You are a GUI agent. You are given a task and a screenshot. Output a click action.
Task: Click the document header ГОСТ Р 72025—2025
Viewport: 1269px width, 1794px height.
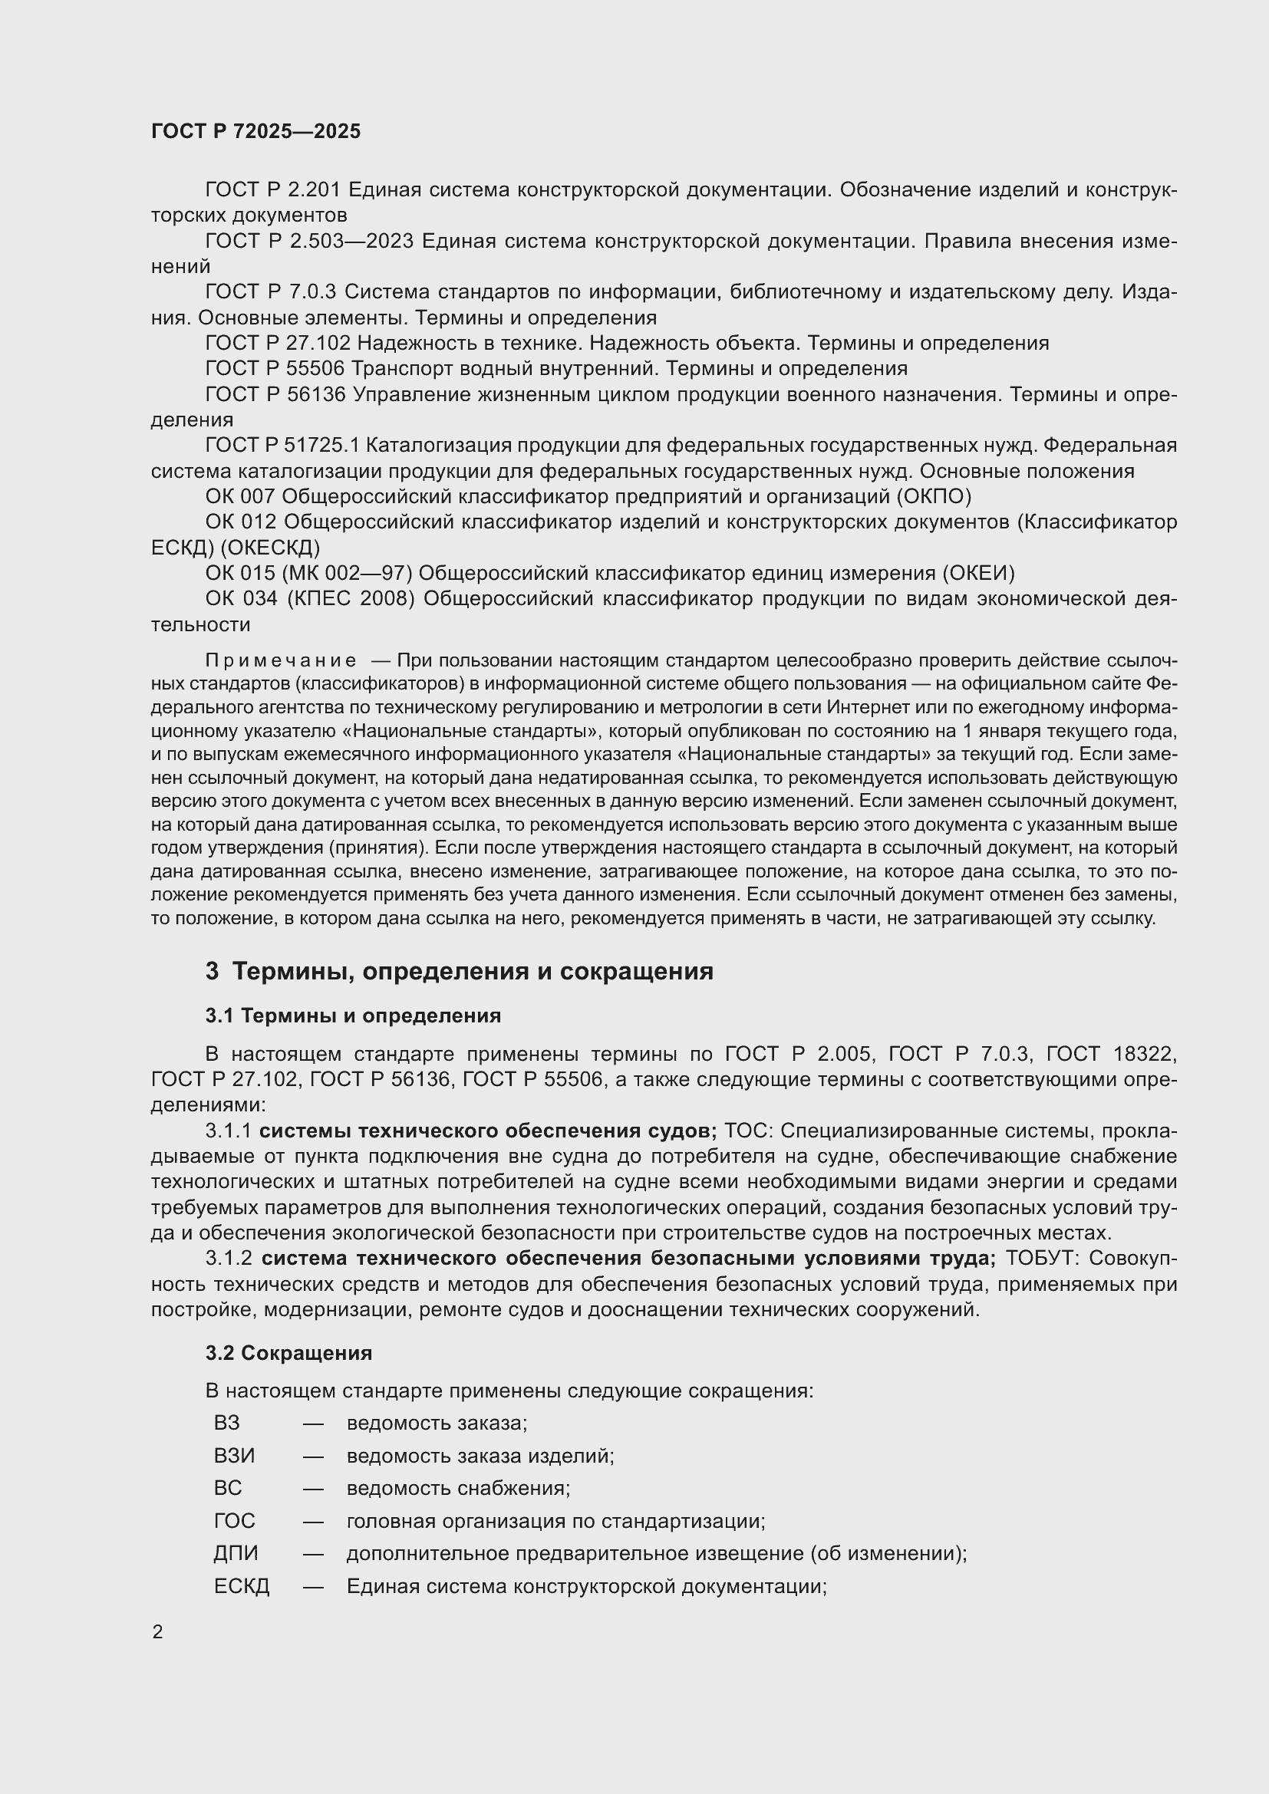click(x=255, y=131)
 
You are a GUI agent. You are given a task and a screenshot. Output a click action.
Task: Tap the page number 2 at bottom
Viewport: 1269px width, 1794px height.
click(x=158, y=1632)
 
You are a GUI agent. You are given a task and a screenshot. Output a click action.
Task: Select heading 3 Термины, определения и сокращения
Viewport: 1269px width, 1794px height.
click(x=460, y=971)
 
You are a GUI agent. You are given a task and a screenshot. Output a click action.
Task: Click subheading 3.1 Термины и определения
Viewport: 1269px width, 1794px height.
click(x=353, y=1016)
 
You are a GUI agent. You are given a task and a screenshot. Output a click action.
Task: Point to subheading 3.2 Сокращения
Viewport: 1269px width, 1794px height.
click(x=289, y=1352)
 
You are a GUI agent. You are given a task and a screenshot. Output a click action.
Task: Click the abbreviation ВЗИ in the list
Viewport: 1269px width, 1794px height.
click(x=235, y=1456)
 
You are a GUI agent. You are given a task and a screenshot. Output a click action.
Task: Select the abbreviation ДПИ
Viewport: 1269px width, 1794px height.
click(x=236, y=1553)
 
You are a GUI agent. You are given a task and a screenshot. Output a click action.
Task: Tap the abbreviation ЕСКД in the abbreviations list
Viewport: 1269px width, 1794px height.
click(x=242, y=1586)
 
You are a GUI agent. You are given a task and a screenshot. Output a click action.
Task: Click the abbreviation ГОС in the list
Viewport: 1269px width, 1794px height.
click(x=235, y=1520)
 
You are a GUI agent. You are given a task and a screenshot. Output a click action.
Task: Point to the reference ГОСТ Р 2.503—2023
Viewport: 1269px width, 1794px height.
click(x=309, y=241)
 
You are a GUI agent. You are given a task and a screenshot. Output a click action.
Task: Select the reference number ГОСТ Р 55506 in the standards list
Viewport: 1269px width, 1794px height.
click(x=275, y=369)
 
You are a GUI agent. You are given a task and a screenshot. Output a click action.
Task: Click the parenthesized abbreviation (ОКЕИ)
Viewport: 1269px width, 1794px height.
click(x=978, y=574)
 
